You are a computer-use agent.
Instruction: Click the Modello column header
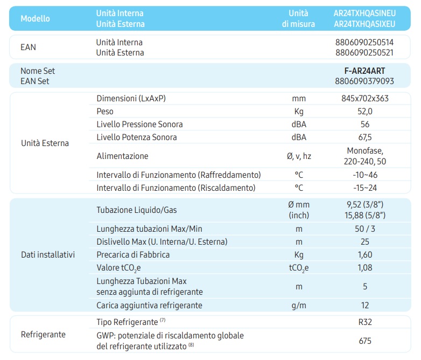click(35, 18)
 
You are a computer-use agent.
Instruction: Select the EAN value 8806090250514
click(365, 42)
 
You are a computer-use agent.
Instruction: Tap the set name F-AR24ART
click(364, 71)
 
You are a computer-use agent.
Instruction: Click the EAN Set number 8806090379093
click(364, 81)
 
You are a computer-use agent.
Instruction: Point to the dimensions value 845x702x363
click(365, 99)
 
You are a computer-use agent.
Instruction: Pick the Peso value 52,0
click(365, 112)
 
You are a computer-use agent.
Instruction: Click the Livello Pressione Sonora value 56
click(365, 124)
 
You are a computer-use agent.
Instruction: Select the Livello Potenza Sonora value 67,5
click(365, 137)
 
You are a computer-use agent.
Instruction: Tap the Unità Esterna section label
click(45, 143)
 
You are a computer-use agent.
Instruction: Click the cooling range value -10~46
click(365, 175)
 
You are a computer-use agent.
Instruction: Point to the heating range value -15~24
click(365, 188)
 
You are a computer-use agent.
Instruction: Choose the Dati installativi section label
click(48, 254)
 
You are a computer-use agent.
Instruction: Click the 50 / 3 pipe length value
click(365, 229)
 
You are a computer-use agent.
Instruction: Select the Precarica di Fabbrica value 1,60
click(365, 255)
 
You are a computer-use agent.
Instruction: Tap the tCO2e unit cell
click(299, 268)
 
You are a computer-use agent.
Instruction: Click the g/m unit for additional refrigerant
click(299, 306)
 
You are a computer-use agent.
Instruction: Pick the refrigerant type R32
click(365, 323)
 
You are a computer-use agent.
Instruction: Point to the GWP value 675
click(365, 341)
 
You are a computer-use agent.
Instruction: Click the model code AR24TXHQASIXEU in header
click(364, 24)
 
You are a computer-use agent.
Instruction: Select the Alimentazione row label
click(122, 156)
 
